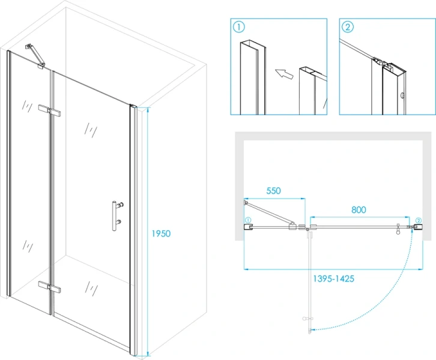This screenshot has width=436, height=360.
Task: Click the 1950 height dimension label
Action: pos(161,233)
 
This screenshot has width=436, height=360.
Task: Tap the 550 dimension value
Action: pos(274,191)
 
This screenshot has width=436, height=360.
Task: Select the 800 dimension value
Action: pos(359,210)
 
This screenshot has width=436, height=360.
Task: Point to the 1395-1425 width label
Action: pos(334,278)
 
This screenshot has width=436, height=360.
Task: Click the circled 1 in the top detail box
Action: pos(239,27)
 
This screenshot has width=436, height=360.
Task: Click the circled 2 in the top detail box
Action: pos(348,27)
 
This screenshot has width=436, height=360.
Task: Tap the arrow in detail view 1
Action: pos(284,74)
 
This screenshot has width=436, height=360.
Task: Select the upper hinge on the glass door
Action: pos(50,110)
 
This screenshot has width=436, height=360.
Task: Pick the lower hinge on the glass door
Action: pos(50,287)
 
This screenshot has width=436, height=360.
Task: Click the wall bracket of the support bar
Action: pos(29,47)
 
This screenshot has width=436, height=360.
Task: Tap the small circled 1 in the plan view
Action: pos(248,220)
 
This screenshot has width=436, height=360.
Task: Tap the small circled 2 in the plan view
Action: pos(419,221)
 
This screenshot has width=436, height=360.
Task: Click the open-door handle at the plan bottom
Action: pos(307,319)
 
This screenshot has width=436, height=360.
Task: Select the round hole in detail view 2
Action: pos(402,96)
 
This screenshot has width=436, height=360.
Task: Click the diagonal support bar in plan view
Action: pos(269,214)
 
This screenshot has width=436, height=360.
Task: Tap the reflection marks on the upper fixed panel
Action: pos(27,106)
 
